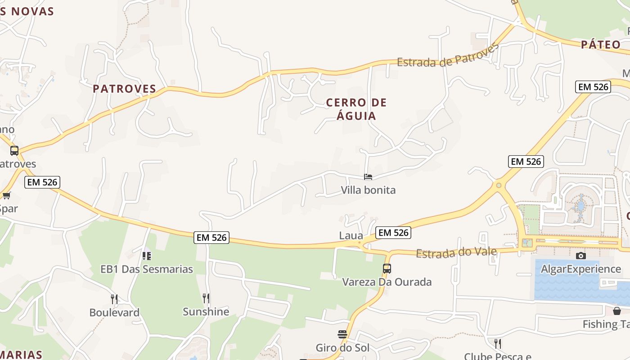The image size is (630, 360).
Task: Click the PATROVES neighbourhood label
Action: pyautogui.click(x=125, y=89)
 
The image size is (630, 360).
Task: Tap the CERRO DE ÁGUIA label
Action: pyautogui.click(x=356, y=109)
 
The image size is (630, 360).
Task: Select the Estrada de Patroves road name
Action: pyautogui.click(x=448, y=56)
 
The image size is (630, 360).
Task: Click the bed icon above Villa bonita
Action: pyautogui.click(x=368, y=177)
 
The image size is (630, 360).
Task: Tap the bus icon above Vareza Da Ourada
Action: pyautogui.click(x=387, y=269)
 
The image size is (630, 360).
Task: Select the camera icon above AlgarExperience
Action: pyautogui.click(x=581, y=256)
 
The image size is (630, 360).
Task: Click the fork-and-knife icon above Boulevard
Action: pyautogui.click(x=114, y=299)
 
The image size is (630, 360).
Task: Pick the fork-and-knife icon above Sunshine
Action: pyautogui.click(x=206, y=298)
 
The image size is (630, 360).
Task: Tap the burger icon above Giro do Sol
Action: pyautogui.click(x=342, y=334)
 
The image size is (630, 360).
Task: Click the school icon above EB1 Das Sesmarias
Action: pyautogui.click(x=147, y=256)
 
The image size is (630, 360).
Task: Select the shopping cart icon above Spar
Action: pyautogui.click(x=6, y=195)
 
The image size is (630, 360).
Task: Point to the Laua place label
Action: pyautogui.click(x=351, y=235)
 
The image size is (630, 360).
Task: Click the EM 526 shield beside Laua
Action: pyautogui.click(x=393, y=232)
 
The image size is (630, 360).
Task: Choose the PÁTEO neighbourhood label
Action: pyautogui.click(x=601, y=44)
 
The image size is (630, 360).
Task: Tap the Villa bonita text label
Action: pyautogui.click(x=368, y=190)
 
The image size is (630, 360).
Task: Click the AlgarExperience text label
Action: pyautogui.click(x=580, y=269)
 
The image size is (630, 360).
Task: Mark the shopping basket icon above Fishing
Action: pyautogui.click(x=617, y=311)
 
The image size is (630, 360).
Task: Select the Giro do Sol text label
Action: pyautogui.click(x=342, y=348)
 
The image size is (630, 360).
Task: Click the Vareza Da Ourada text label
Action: pyautogui.click(x=387, y=282)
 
